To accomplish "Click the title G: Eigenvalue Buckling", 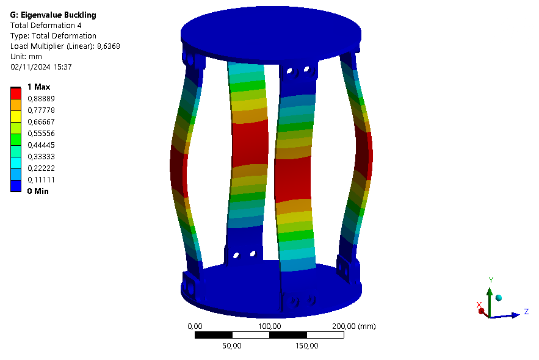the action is pyautogui.click(x=53, y=15).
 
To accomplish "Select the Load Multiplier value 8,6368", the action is pyautogui.click(x=109, y=46).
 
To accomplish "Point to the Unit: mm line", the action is pyautogui.click(x=26, y=57).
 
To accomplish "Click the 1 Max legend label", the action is pyautogui.click(x=39, y=87).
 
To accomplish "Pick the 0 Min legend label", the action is pyautogui.click(x=38, y=192).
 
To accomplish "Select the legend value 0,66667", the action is pyautogui.click(x=42, y=122).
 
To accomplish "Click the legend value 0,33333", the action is pyautogui.click(x=42, y=157).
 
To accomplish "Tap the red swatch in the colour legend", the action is pyautogui.click(x=16, y=93).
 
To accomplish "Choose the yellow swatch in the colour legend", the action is pyautogui.click(x=16, y=117).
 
